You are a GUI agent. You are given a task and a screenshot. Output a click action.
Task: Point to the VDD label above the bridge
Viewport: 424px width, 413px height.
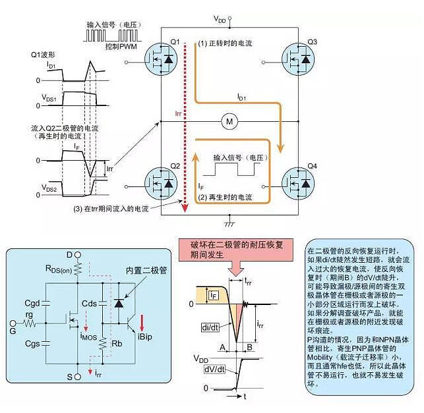(x=222, y=20)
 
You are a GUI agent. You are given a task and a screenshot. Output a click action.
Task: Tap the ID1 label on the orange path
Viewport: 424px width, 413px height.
(x=243, y=97)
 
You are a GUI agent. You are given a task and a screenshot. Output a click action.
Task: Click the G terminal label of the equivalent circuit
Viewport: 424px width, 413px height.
(x=11, y=324)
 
